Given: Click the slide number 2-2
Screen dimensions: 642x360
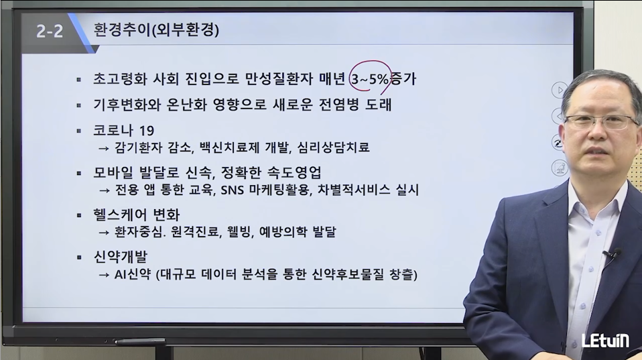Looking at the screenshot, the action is (50, 31).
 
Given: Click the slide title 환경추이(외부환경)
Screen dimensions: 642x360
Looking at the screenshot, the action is (156, 30).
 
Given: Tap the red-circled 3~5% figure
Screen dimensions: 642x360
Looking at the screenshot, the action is (370, 79).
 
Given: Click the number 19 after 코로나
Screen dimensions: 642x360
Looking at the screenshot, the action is (147, 131).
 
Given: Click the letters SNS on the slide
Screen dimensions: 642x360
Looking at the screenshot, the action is (232, 190).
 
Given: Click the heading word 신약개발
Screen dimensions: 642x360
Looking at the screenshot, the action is (120, 257).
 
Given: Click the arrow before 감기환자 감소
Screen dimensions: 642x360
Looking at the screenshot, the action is (104, 148).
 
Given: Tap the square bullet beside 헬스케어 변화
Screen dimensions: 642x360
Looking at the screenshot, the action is (79, 215).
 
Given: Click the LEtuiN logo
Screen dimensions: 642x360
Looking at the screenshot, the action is (605, 341).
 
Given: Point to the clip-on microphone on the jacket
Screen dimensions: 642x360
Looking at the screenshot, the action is (614, 253).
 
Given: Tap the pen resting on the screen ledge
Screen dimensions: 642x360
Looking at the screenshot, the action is (140, 341).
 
